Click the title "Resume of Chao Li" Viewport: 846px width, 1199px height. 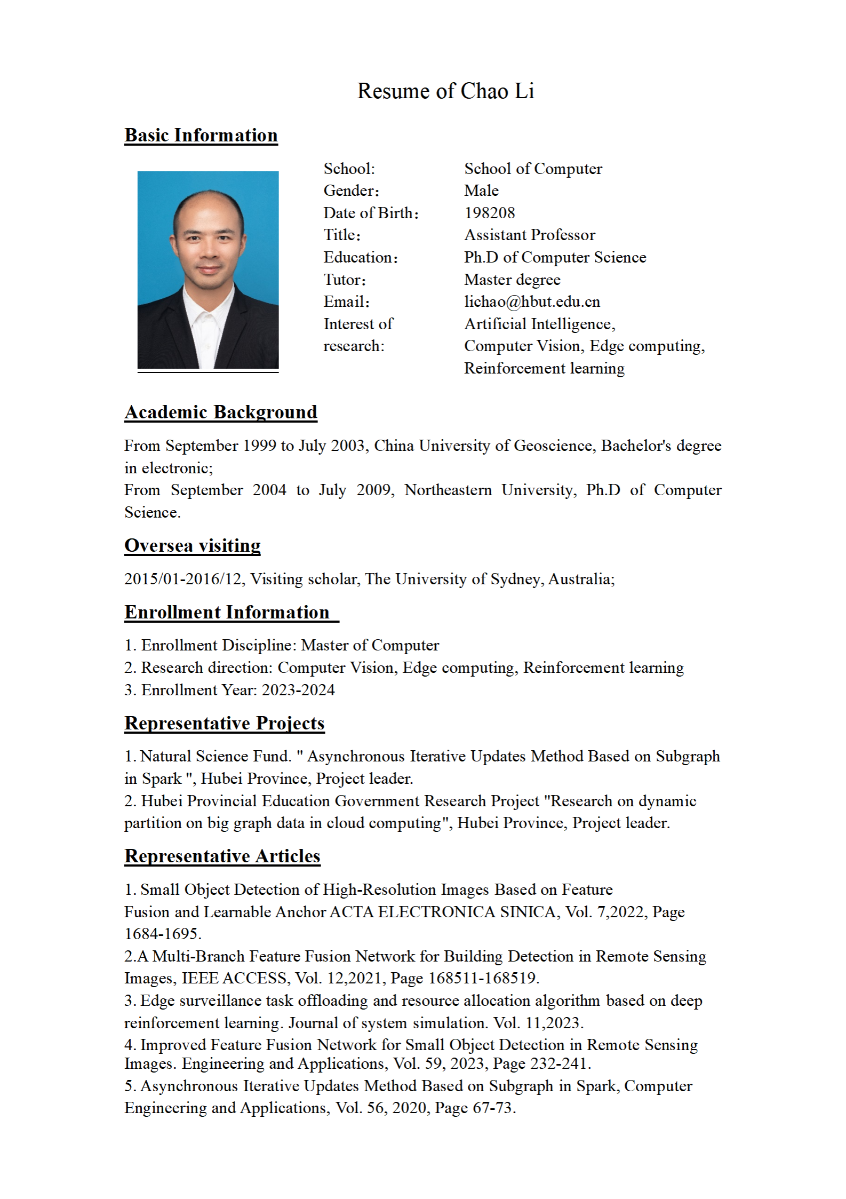445,91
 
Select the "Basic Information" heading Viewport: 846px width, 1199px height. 201,136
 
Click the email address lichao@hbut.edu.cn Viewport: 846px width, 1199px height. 532,302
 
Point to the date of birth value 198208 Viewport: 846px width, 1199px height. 489,213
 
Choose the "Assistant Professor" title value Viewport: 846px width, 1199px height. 529,235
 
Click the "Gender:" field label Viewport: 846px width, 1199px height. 351,191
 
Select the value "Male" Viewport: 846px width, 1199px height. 481,191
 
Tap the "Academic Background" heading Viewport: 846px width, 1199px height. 221,412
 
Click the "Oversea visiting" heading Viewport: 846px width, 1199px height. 193,546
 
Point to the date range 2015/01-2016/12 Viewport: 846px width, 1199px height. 183,579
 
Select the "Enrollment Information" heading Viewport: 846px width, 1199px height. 227,613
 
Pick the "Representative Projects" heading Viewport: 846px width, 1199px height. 225,724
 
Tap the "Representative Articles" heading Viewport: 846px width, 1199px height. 222,856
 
